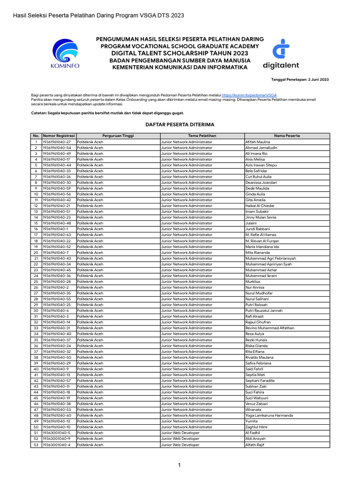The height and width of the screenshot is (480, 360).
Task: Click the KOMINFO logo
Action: click(65, 54)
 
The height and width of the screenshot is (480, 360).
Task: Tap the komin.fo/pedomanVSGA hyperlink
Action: click(252, 95)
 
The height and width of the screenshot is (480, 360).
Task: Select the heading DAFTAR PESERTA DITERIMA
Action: click(180, 125)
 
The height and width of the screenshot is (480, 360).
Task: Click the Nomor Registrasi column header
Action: click(59, 135)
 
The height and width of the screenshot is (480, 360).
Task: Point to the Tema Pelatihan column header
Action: click(202, 135)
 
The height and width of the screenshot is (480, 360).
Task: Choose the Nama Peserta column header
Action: click(287, 135)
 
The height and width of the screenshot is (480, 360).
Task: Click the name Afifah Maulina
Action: click(257, 142)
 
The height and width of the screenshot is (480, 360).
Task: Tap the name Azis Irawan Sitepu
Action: click(261, 165)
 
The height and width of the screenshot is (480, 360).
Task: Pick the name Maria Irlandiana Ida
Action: click(262, 247)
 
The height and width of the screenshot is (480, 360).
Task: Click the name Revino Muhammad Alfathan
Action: click(270, 328)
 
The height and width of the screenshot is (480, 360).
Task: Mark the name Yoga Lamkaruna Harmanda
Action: click(269, 415)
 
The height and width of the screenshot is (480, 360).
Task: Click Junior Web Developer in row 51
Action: click(180, 433)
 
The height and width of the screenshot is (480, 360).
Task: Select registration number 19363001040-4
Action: click(56, 445)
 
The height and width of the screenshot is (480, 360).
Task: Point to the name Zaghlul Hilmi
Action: click(257, 427)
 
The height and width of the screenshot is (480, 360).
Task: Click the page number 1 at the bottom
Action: click(179, 465)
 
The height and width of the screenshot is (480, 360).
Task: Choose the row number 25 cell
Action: click(36, 282)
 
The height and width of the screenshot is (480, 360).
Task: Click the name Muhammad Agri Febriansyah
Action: click(270, 258)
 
